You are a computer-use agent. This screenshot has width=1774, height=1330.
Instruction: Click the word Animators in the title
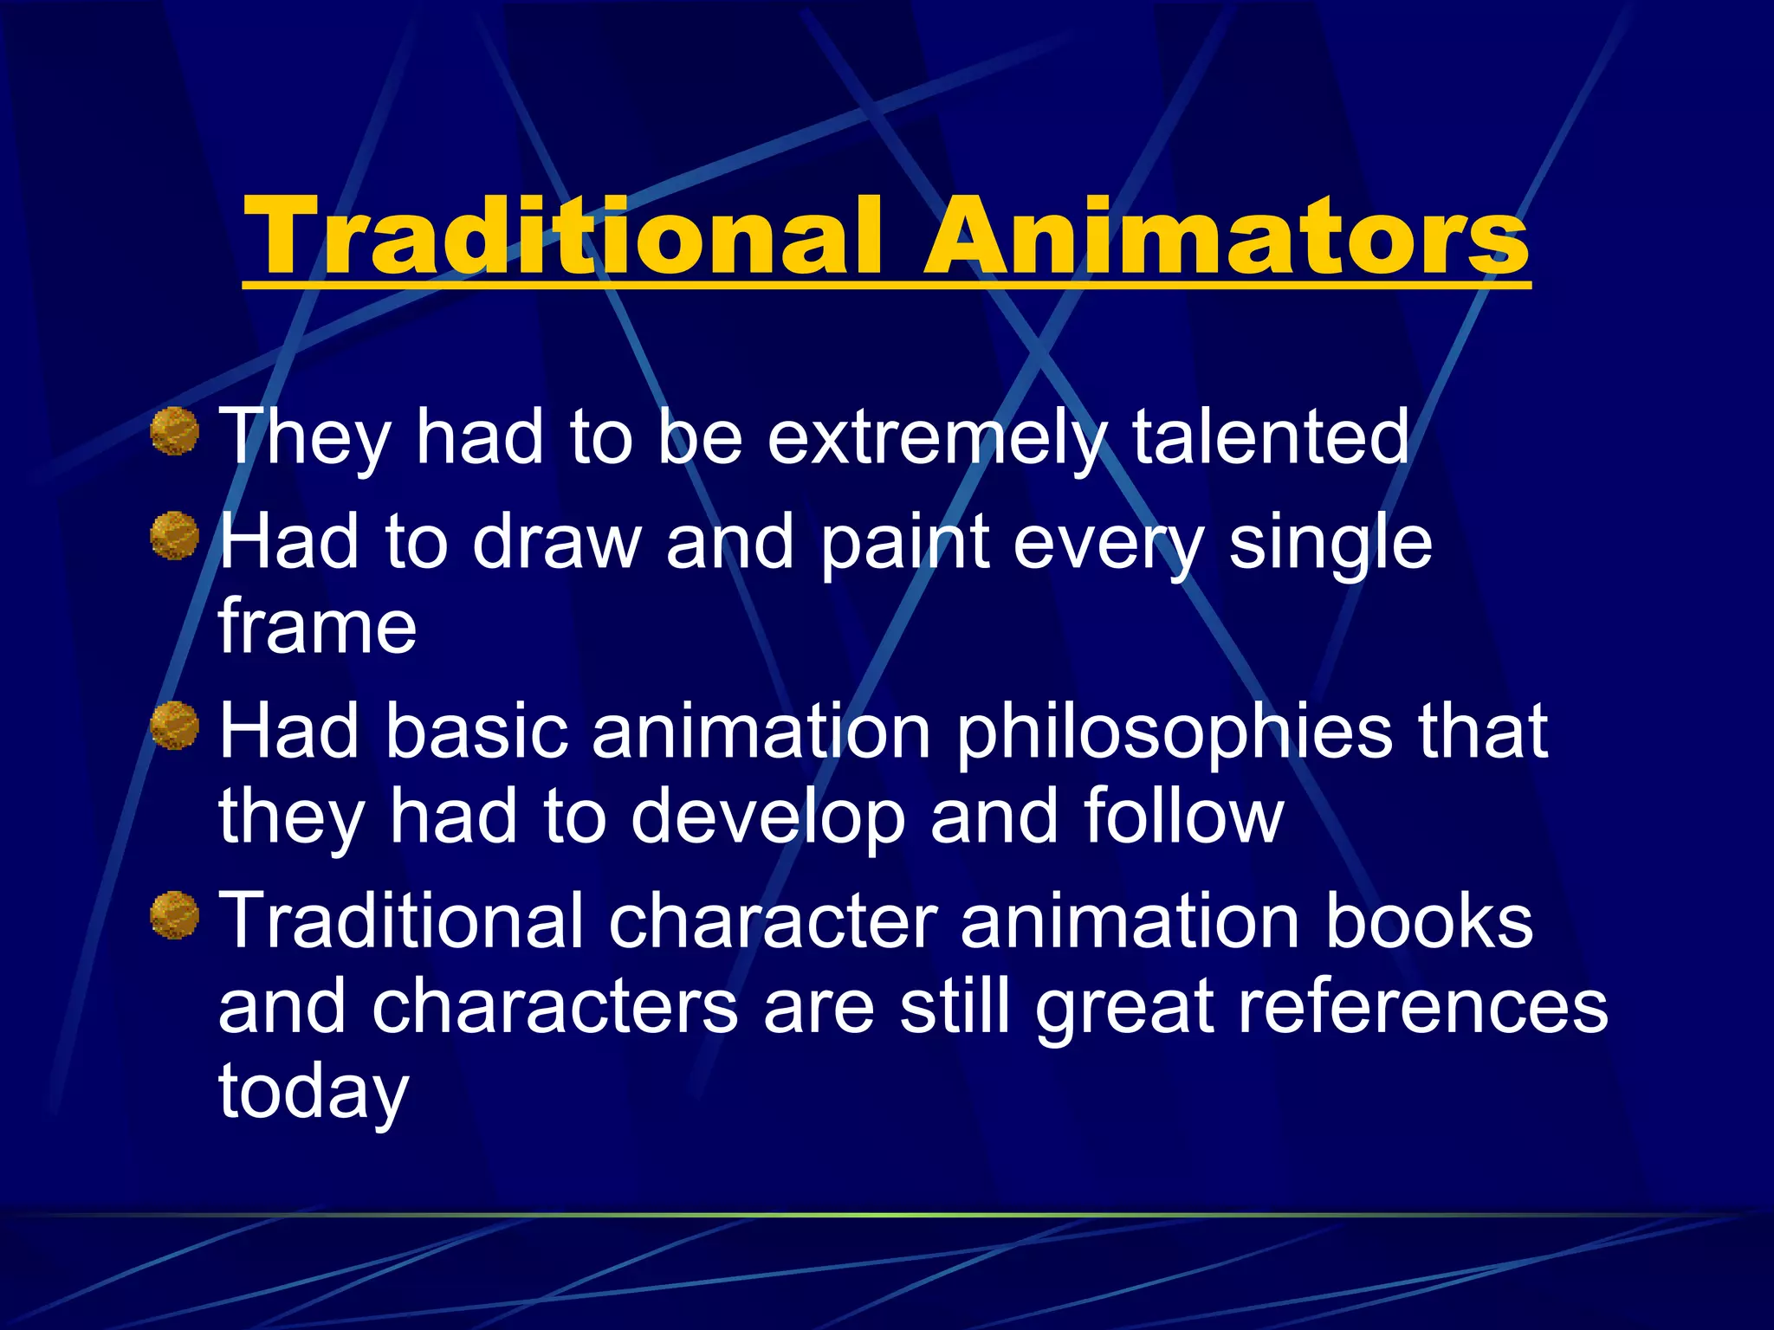point(1226,236)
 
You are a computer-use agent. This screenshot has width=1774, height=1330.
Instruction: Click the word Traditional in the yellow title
point(563,236)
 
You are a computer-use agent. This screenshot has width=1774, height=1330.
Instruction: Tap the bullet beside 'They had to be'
point(175,431)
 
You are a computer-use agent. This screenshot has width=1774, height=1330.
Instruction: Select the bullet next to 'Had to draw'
point(175,536)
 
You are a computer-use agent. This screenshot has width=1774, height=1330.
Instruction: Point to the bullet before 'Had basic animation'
point(175,726)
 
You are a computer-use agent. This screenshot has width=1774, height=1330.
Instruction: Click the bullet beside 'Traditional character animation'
point(175,915)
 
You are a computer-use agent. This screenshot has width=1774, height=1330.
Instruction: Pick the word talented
point(1271,438)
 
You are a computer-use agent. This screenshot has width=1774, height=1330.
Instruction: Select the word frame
point(317,626)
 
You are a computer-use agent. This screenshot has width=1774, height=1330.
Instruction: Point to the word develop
point(767,819)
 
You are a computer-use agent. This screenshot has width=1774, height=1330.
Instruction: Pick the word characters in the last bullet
point(554,1008)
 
